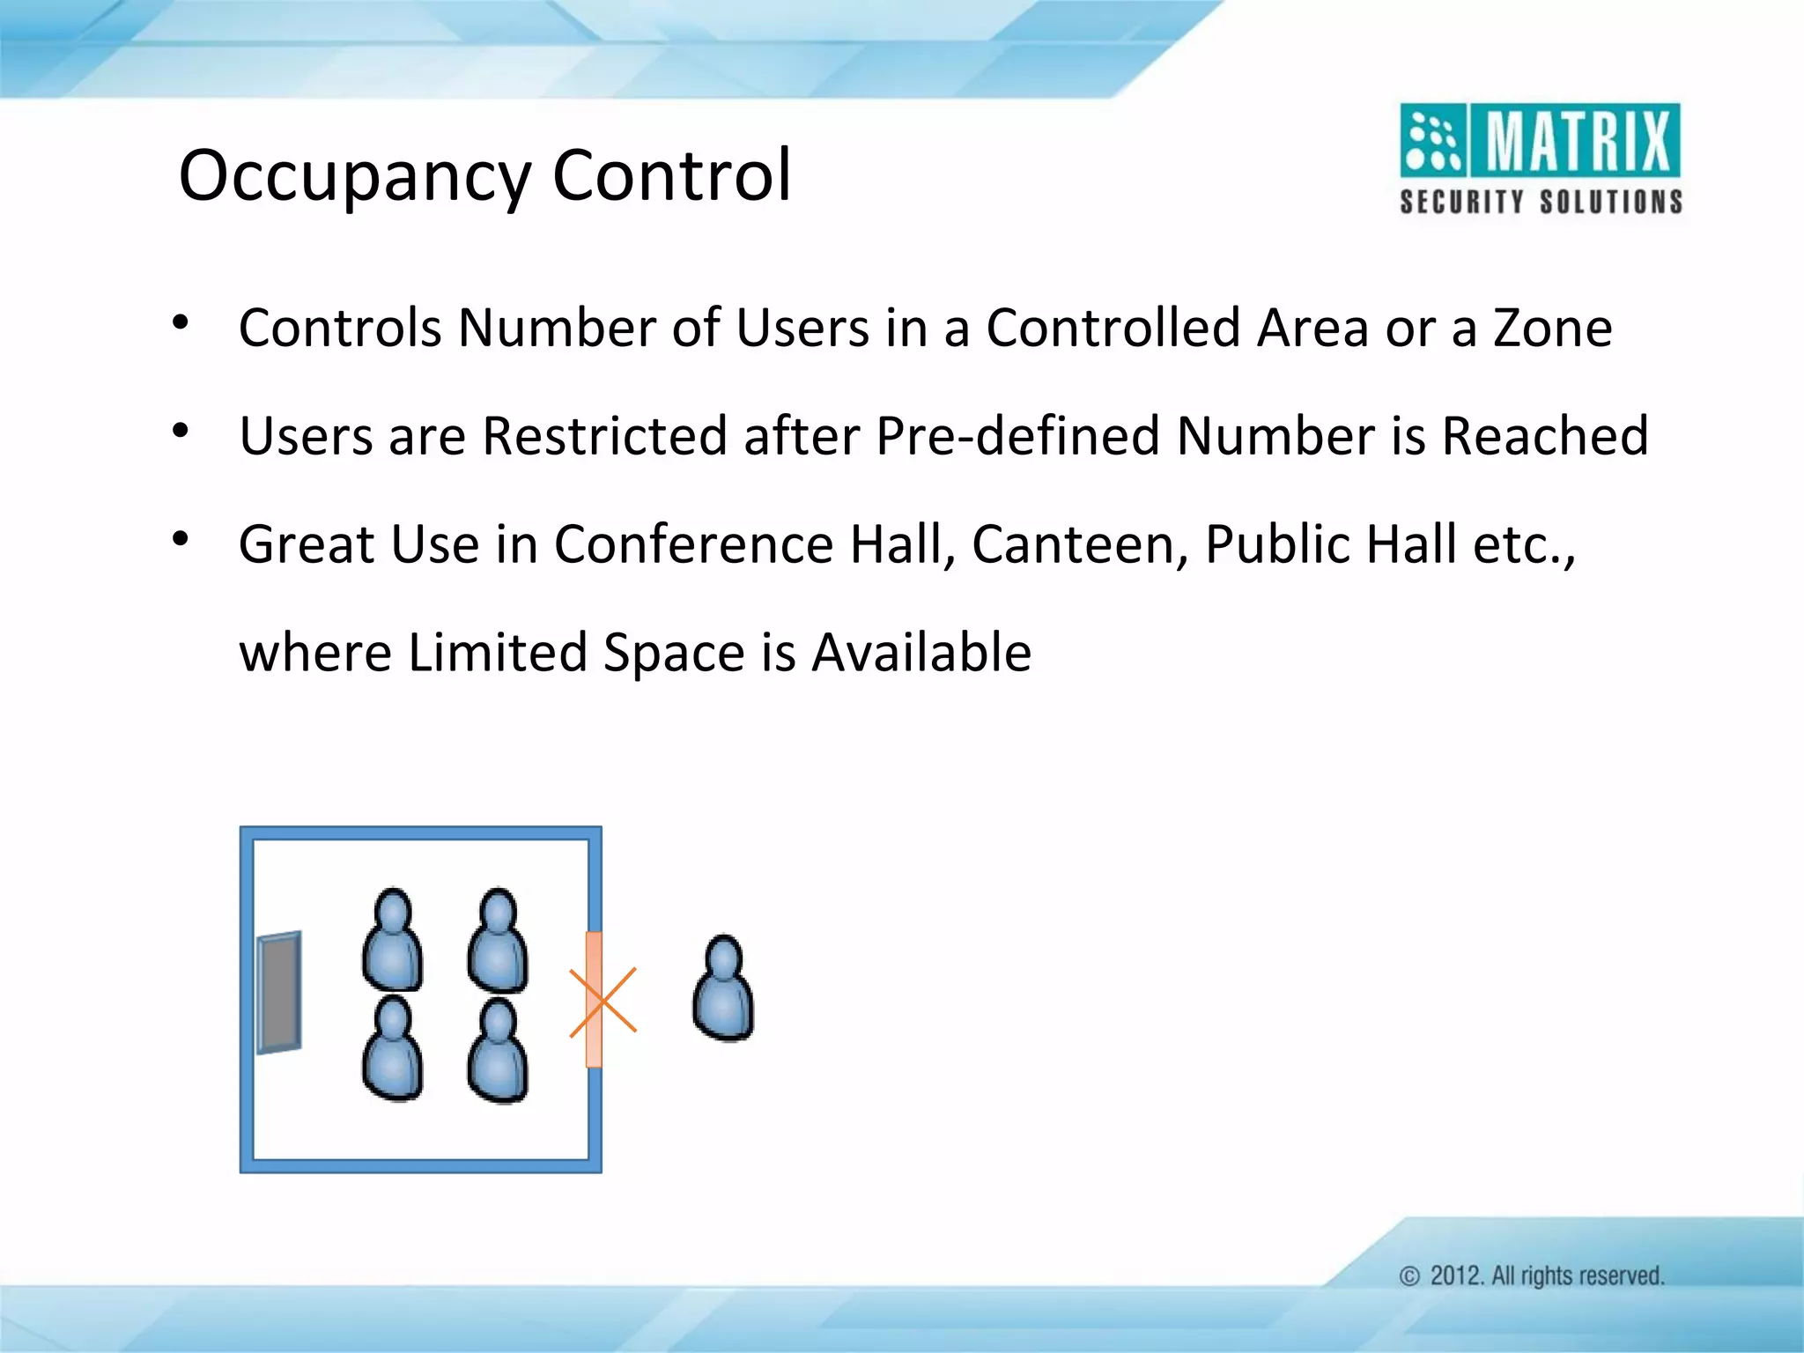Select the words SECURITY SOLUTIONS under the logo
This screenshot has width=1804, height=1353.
coord(1541,202)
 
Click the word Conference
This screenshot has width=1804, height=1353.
coord(693,544)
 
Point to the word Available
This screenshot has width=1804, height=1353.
coord(921,653)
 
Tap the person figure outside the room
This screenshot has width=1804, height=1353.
coord(723,988)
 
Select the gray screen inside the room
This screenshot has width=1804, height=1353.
coord(279,992)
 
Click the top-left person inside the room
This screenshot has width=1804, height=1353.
coord(393,941)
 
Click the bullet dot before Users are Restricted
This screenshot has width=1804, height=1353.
coord(181,432)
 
